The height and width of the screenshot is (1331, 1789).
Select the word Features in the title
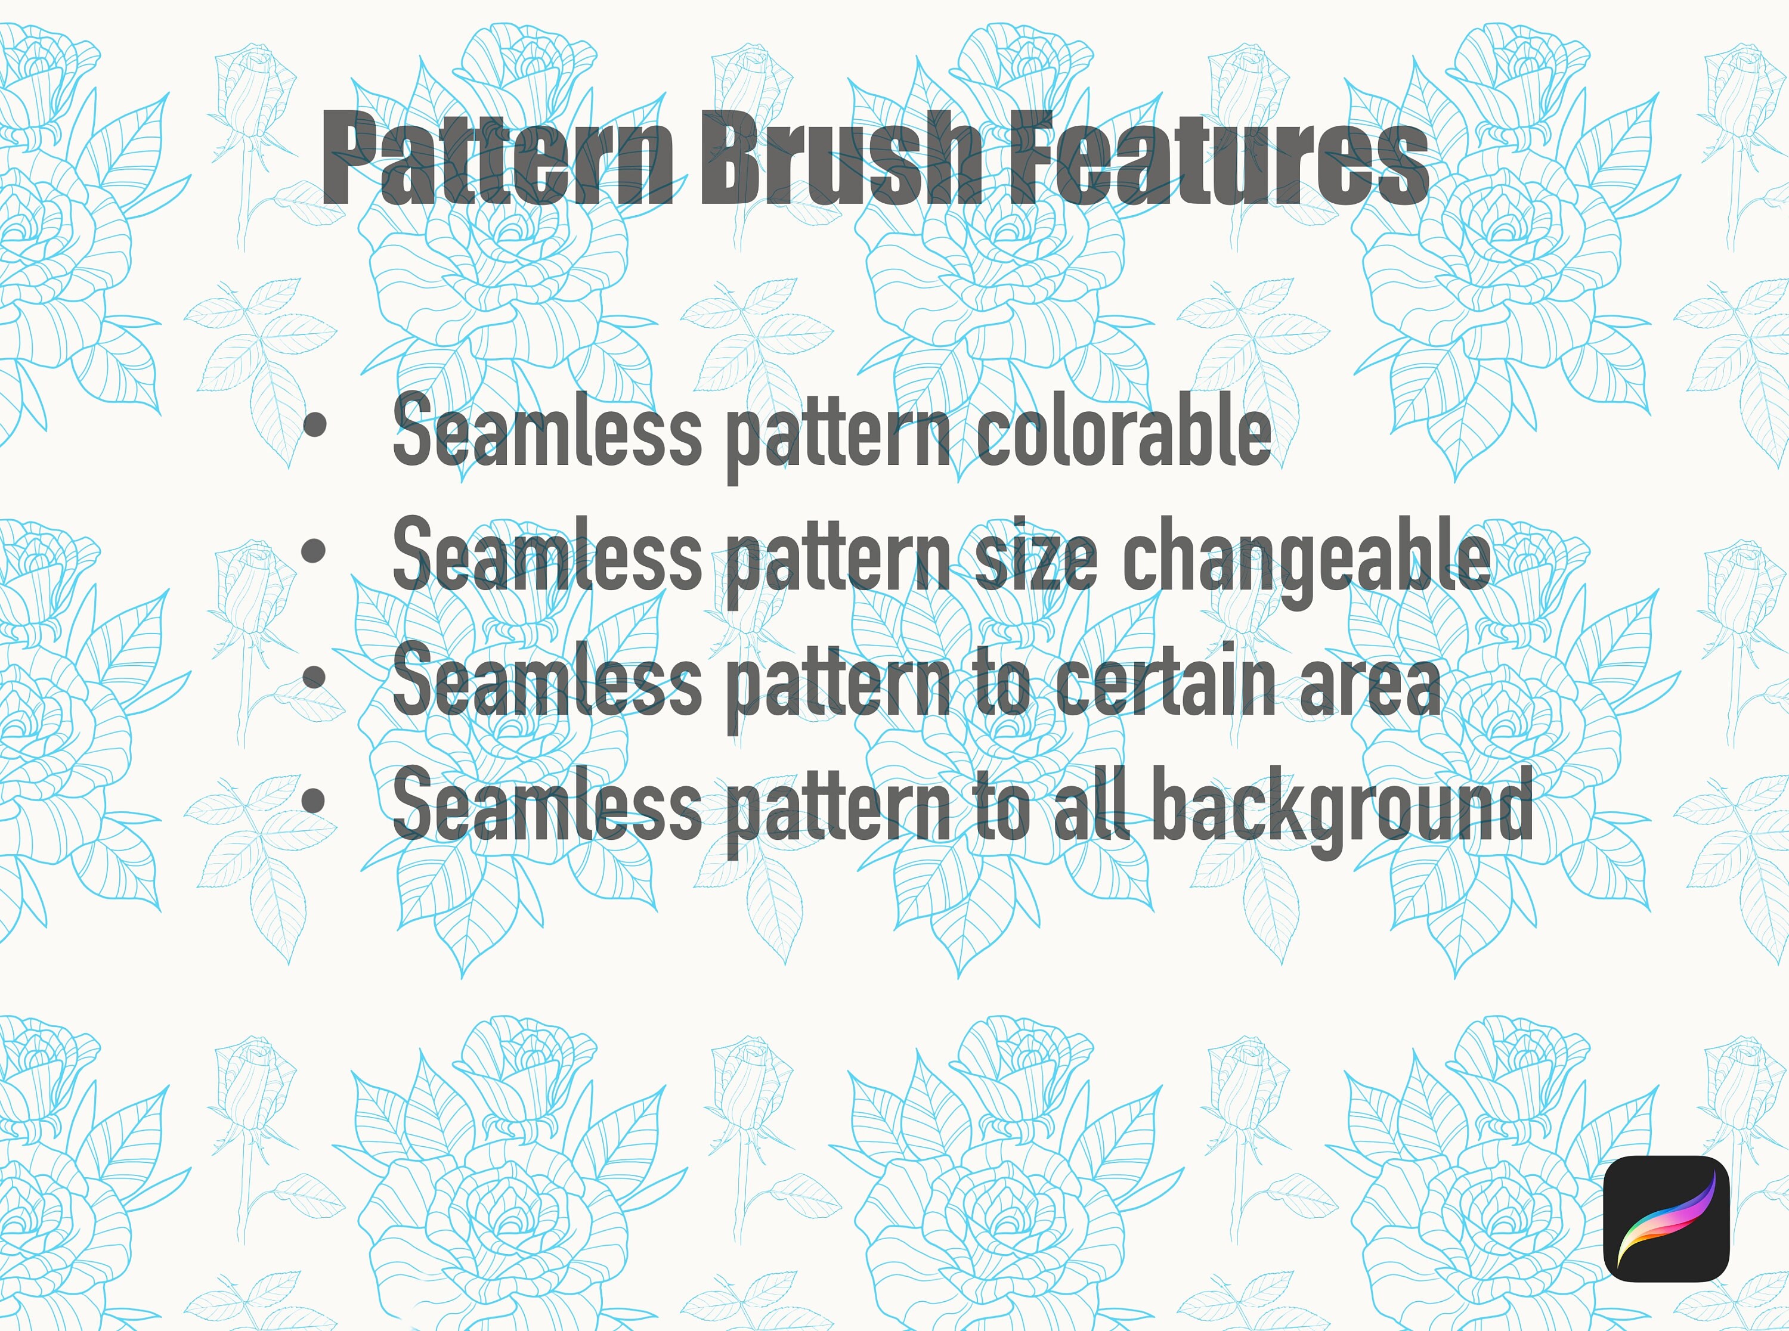pos(1218,159)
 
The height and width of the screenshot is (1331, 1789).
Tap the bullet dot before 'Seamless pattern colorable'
pos(314,426)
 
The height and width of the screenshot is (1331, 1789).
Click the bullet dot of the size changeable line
pos(314,551)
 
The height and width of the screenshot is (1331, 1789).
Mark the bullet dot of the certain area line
pos(314,676)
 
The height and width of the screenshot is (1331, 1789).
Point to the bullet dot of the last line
pos(314,801)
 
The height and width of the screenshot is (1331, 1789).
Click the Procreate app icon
pos(1667,1218)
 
